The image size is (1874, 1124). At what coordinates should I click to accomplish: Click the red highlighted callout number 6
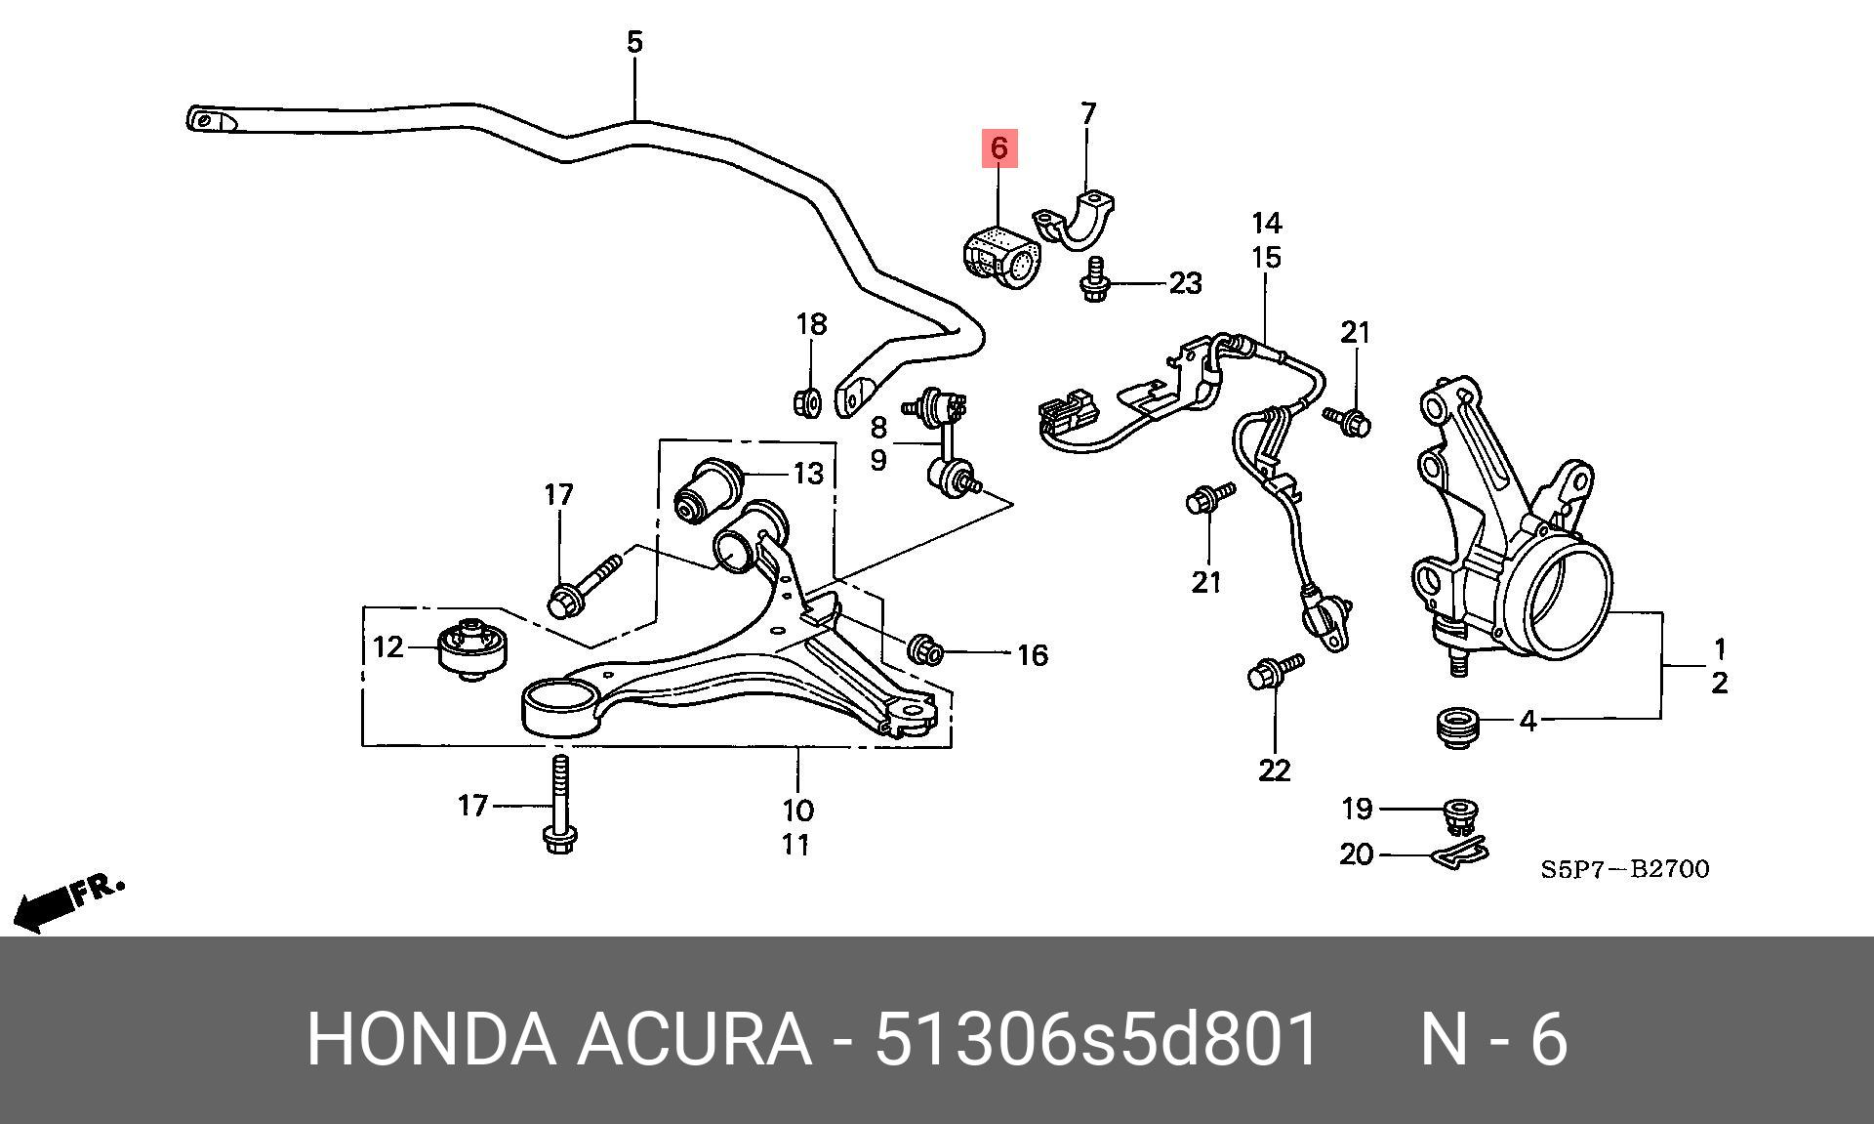998,148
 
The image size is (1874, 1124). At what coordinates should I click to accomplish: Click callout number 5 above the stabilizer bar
634,42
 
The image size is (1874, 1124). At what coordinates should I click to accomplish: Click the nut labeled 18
806,400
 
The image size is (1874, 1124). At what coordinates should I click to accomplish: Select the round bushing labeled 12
472,646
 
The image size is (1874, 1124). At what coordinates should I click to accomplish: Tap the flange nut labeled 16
925,649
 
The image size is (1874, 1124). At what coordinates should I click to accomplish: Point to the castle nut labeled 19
1459,814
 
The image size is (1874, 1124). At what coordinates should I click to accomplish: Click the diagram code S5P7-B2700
1625,869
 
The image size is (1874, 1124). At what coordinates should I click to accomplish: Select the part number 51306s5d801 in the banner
1097,1039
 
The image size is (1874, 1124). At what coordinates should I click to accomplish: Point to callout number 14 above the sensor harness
1266,224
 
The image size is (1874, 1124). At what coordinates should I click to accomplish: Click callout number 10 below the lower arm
797,810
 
